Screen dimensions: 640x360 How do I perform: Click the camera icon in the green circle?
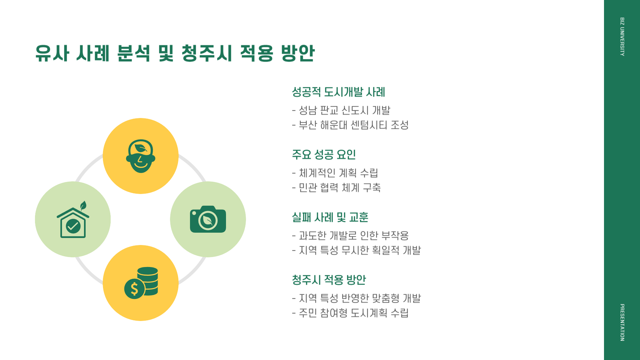click(208, 219)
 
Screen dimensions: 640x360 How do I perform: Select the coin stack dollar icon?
click(141, 283)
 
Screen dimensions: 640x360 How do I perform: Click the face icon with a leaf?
click(141, 156)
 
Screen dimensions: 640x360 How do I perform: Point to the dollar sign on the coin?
click(134, 289)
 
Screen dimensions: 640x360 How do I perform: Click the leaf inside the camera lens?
click(208, 220)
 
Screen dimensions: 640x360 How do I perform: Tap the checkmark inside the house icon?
click(73, 226)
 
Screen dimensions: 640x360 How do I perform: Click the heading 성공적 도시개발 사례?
click(338, 92)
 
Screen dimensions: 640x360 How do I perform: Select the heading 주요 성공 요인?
click(324, 155)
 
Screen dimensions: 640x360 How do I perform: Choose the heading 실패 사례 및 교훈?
click(330, 217)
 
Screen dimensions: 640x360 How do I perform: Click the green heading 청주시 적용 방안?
click(329, 280)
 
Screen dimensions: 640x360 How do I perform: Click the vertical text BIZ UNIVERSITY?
click(622, 37)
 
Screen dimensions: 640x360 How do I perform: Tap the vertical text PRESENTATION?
click(622, 322)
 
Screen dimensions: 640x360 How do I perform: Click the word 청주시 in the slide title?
click(207, 53)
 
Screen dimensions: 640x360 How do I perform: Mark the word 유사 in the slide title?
click(52, 53)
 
